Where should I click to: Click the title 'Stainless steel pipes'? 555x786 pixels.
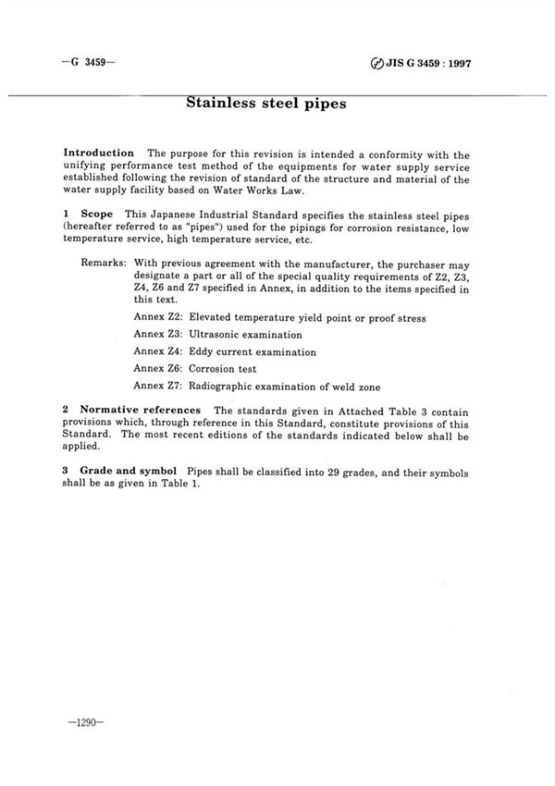pyautogui.click(x=266, y=104)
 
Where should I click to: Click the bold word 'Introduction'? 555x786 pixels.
pyautogui.click(x=99, y=152)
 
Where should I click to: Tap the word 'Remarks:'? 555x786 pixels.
pyautogui.click(x=104, y=263)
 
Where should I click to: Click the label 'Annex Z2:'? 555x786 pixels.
pyautogui.click(x=158, y=317)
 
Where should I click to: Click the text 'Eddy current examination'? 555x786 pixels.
pyautogui.click(x=253, y=352)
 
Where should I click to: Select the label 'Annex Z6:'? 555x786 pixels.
pyautogui.click(x=158, y=369)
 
